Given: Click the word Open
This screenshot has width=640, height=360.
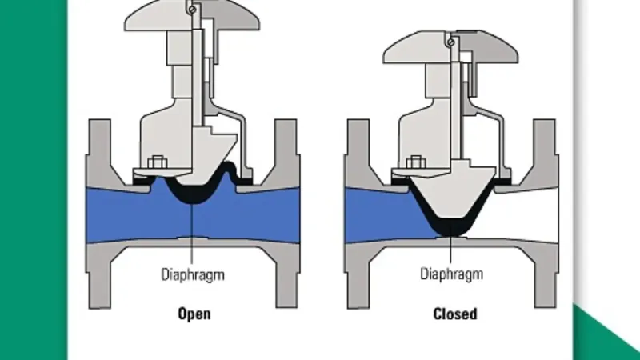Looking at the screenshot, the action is [194, 314].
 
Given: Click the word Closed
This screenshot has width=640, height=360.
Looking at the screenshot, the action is [454, 314].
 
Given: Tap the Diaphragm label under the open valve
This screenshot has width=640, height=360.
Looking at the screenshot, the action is [193, 274].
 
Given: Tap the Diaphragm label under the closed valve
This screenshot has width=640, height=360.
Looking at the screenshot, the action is [451, 274].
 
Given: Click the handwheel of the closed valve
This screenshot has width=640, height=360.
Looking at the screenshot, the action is [450, 48].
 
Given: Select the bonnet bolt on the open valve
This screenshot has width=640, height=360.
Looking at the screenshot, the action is [157, 162].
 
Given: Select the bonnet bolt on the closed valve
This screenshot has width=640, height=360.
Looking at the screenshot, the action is [416, 162].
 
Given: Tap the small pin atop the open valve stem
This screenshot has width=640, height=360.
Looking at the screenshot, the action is [192, 10].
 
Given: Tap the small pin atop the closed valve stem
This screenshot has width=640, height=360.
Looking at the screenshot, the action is [450, 42].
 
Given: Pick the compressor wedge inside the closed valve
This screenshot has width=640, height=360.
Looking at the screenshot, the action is [451, 192].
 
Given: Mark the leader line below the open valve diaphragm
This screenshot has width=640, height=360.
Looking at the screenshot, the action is [192, 234].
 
